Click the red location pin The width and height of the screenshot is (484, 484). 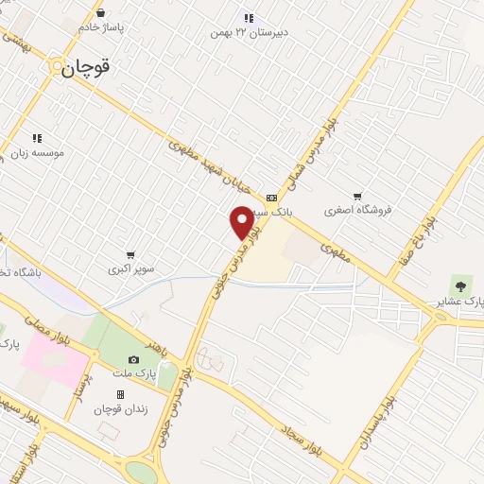[242, 221]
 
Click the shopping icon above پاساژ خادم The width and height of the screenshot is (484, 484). [101, 13]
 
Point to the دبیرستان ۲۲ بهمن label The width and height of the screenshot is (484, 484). [249, 33]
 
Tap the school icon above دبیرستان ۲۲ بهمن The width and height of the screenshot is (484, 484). [249, 17]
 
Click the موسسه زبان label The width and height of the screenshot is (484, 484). [37, 152]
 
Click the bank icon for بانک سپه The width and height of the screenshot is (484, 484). [272, 198]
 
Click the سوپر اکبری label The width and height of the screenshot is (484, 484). [130, 269]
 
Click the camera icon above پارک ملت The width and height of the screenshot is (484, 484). [133, 359]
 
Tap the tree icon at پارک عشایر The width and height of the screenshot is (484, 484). [461, 285]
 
